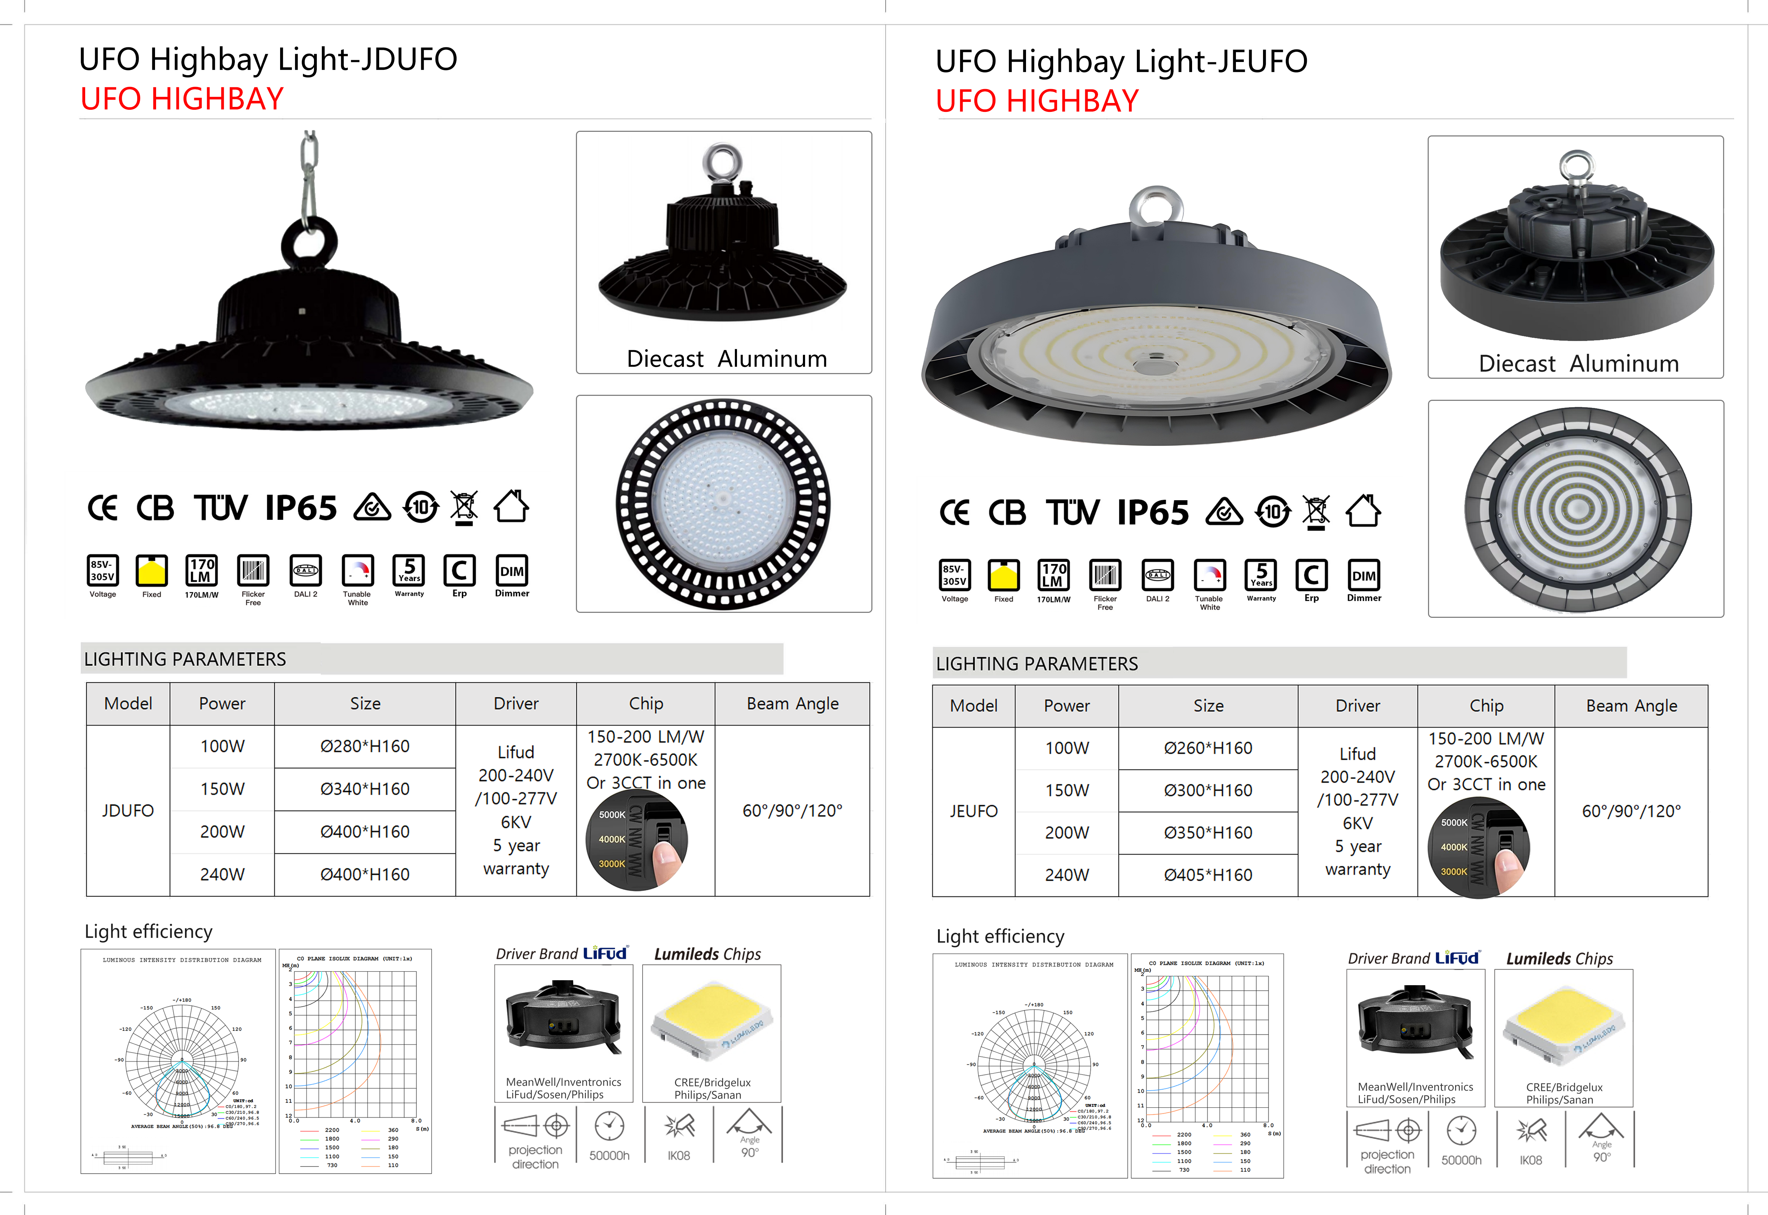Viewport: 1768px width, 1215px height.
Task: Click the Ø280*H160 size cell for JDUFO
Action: (365, 746)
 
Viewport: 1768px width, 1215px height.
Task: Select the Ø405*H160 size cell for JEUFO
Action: (1208, 875)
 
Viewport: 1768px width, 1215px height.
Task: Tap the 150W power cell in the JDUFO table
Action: (222, 789)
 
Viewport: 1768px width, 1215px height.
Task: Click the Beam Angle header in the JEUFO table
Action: (1631, 706)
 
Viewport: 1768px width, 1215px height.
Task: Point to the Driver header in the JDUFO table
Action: (515, 703)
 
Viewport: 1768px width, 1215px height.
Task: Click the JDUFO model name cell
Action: (128, 810)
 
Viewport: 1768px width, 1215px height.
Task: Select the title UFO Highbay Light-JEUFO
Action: (1121, 61)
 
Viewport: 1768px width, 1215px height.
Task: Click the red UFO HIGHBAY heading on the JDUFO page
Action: (182, 99)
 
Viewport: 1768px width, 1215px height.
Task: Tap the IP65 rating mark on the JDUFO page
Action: (301, 508)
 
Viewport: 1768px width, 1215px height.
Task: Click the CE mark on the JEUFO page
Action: (955, 512)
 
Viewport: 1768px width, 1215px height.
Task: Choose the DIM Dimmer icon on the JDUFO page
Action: (512, 573)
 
